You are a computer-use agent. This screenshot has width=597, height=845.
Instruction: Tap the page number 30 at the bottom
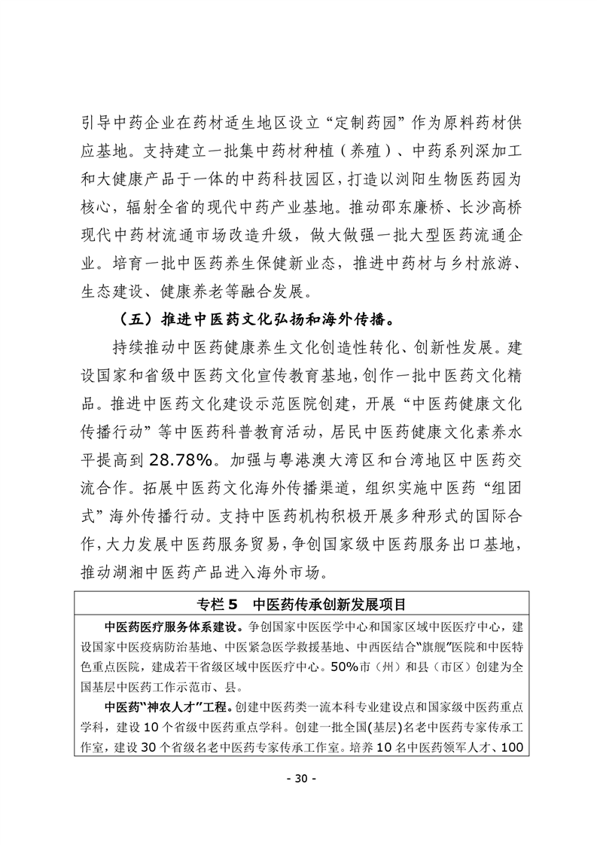pyautogui.click(x=298, y=799)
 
